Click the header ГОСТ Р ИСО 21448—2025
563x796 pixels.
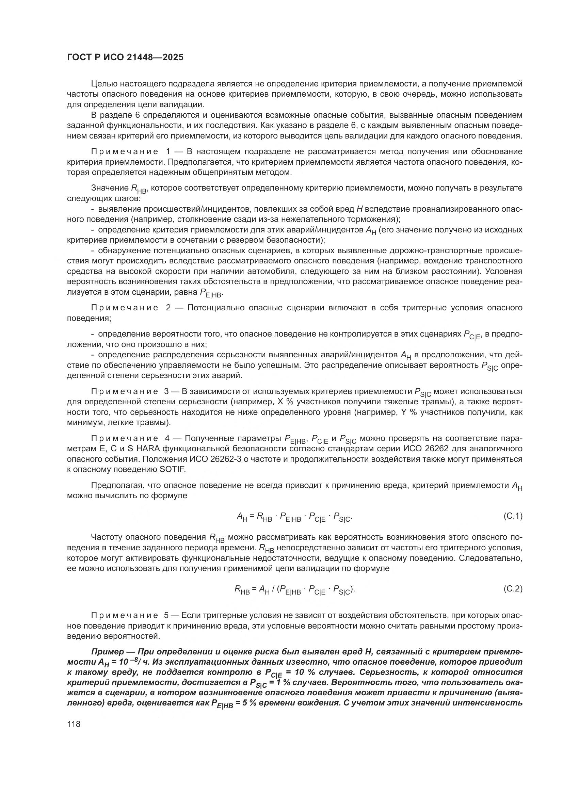[125, 58]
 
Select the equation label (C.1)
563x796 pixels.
[513, 516]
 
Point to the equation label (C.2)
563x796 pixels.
[513, 589]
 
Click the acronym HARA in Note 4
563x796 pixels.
[147, 449]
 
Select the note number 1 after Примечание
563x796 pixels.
[168, 151]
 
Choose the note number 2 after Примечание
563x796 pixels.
[168, 308]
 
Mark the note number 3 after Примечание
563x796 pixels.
[166, 391]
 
